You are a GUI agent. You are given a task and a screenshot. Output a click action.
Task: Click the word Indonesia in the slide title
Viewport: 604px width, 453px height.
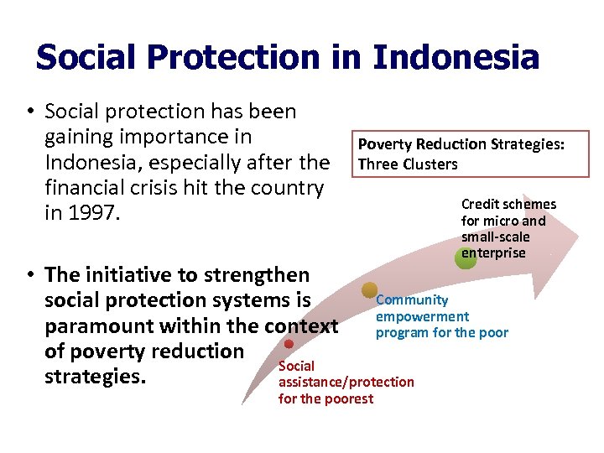point(456,57)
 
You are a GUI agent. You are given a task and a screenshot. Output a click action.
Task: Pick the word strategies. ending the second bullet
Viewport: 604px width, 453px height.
point(95,377)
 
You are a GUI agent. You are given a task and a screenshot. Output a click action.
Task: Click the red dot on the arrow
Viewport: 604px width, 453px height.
point(289,344)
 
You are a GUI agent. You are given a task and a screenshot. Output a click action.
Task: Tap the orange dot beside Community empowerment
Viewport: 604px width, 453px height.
point(369,290)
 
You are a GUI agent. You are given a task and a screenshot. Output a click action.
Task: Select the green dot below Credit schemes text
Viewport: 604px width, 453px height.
point(466,259)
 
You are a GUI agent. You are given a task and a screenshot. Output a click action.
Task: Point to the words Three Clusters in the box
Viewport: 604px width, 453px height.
point(408,164)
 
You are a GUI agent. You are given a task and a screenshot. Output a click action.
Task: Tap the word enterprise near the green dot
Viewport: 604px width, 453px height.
point(493,253)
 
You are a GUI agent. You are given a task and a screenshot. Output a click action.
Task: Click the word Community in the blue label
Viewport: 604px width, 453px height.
point(412,299)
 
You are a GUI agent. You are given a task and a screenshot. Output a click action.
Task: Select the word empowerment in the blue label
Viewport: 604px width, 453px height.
point(422,316)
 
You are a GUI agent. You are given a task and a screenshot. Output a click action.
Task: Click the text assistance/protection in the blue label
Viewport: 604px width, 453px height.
point(346,382)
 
